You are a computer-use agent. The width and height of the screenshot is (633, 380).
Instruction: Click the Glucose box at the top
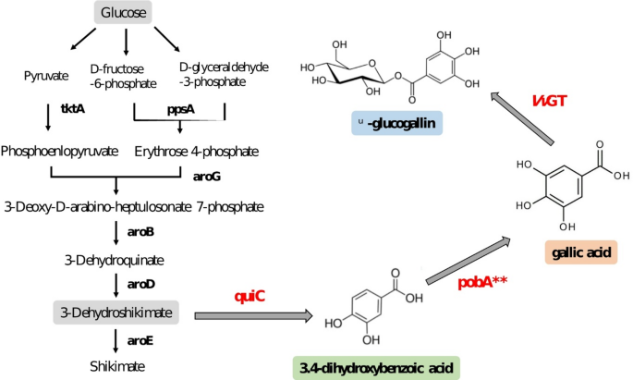point(126,13)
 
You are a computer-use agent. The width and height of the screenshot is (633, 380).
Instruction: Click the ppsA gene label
point(180,108)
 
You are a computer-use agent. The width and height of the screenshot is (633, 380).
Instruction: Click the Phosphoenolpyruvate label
point(60,150)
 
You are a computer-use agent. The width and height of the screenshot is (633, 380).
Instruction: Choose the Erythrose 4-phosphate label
point(196,150)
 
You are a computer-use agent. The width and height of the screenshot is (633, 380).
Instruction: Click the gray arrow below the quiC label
point(255,317)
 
